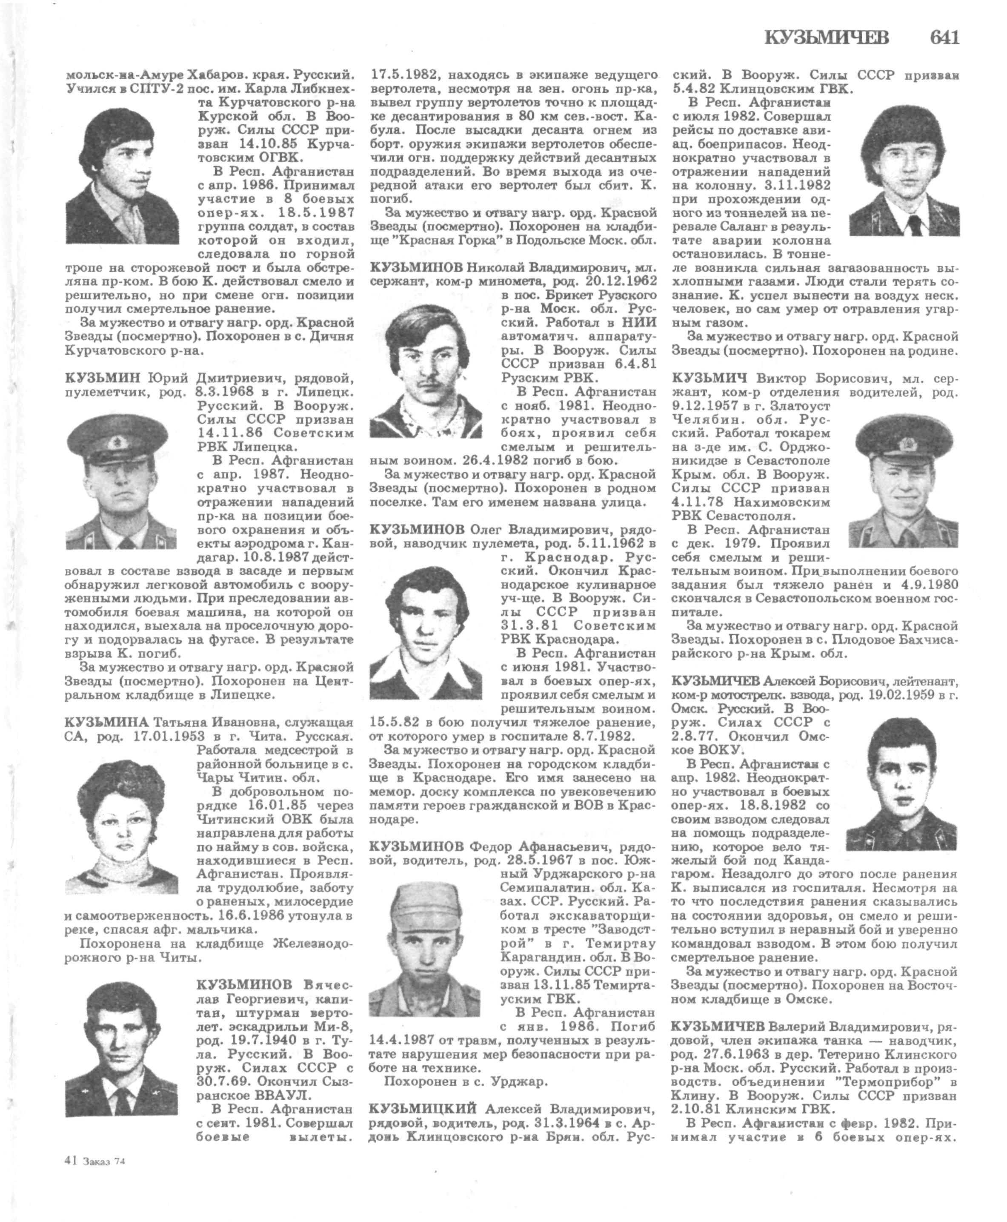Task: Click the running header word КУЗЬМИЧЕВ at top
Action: pyautogui.click(x=827, y=37)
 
